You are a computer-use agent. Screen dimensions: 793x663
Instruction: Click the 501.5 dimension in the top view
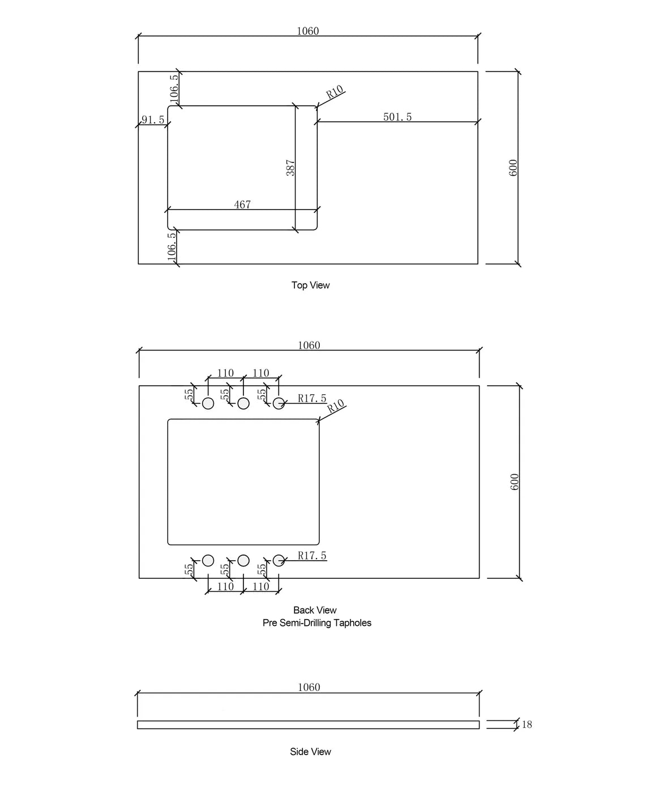[x=397, y=117]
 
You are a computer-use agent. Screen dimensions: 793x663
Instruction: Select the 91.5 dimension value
[x=153, y=120]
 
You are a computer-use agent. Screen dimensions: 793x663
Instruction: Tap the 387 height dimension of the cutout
[x=290, y=168]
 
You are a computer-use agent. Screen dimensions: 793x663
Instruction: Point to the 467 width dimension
[x=242, y=204]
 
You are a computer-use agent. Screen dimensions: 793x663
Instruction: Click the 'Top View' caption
[x=310, y=285]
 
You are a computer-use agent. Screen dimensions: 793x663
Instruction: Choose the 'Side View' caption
[x=310, y=752]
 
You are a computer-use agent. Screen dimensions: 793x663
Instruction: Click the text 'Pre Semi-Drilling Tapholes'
[x=316, y=623]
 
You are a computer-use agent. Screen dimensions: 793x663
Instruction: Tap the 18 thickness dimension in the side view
[x=527, y=724]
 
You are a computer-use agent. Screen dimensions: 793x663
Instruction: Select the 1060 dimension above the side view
[x=309, y=687]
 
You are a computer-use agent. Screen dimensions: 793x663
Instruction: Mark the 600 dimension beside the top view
[x=513, y=168]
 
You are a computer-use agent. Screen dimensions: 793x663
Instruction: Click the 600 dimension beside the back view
[x=514, y=482]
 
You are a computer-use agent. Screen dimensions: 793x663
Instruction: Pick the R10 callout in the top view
[x=335, y=92]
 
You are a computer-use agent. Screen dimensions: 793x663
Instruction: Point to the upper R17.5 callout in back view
[x=312, y=398]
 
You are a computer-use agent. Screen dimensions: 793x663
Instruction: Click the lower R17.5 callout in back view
[x=312, y=556]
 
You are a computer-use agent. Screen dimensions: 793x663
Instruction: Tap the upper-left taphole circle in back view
[x=208, y=403]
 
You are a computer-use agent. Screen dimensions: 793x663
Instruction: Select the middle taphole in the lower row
[x=243, y=560]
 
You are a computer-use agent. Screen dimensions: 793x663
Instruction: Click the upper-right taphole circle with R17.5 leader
[x=279, y=403]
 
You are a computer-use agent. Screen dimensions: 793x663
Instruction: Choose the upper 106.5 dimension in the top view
[x=174, y=88]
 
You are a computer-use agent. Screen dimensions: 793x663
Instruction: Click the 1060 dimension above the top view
[x=308, y=31]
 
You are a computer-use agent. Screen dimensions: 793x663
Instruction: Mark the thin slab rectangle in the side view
[x=308, y=724]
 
